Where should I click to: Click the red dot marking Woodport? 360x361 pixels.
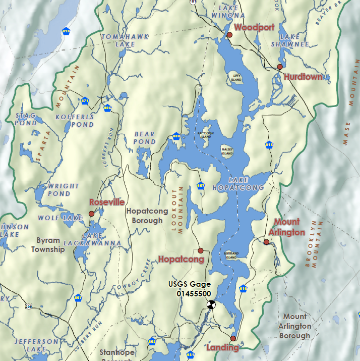[229, 35]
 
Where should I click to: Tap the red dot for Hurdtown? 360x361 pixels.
[280, 67]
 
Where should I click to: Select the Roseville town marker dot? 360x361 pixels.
[92, 214]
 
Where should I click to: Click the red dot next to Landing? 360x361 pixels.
[233, 338]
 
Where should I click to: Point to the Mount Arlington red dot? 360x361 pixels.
[266, 242]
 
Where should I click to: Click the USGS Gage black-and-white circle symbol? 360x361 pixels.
[211, 304]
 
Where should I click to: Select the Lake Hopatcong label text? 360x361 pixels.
[246, 184]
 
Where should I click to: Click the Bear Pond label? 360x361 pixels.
[145, 138]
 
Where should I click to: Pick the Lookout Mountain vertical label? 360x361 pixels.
[177, 207]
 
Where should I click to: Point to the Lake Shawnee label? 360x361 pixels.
[290, 40]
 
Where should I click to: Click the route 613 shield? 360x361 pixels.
[66, 31]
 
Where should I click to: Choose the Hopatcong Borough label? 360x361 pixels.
[144, 216]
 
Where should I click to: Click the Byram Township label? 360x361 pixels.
[48, 245]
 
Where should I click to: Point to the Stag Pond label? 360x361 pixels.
[26, 119]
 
